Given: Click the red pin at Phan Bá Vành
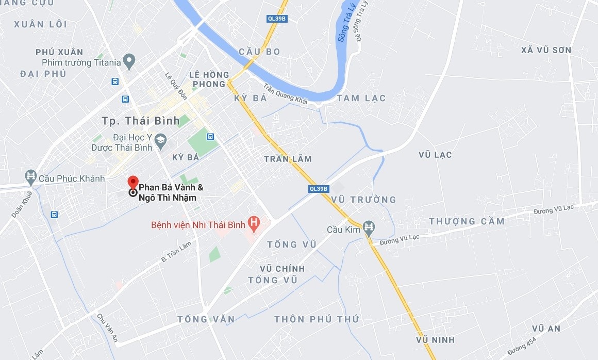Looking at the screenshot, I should (x=132, y=182).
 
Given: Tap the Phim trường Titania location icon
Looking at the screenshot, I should (x=129, y=62).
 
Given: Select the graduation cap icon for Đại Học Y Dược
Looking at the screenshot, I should (x=161, y=139).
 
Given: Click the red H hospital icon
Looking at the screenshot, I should (x=253, y=223).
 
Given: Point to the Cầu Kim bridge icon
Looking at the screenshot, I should (x=369, y=227).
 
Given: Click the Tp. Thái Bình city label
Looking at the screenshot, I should (x=141, y=121).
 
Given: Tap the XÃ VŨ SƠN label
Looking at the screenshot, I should (x=546, y=50).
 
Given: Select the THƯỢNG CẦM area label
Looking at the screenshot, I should (x=467, y=221).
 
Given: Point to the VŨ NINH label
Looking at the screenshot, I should (x=436, y=339).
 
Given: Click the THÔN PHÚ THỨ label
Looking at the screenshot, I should (x=317, y=319).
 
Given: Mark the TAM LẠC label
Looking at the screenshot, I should (x=361, y=98).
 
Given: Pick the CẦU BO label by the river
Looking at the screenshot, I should (x=259, y=52).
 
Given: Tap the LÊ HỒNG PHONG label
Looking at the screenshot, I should (x=208, y=79).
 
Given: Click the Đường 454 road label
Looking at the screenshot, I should (x=522, y=346).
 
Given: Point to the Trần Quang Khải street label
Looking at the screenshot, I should (x=285, y=94).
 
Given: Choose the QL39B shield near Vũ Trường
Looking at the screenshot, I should (x=319, y=189).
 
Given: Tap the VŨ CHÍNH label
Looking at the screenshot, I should (x=283, y=268).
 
